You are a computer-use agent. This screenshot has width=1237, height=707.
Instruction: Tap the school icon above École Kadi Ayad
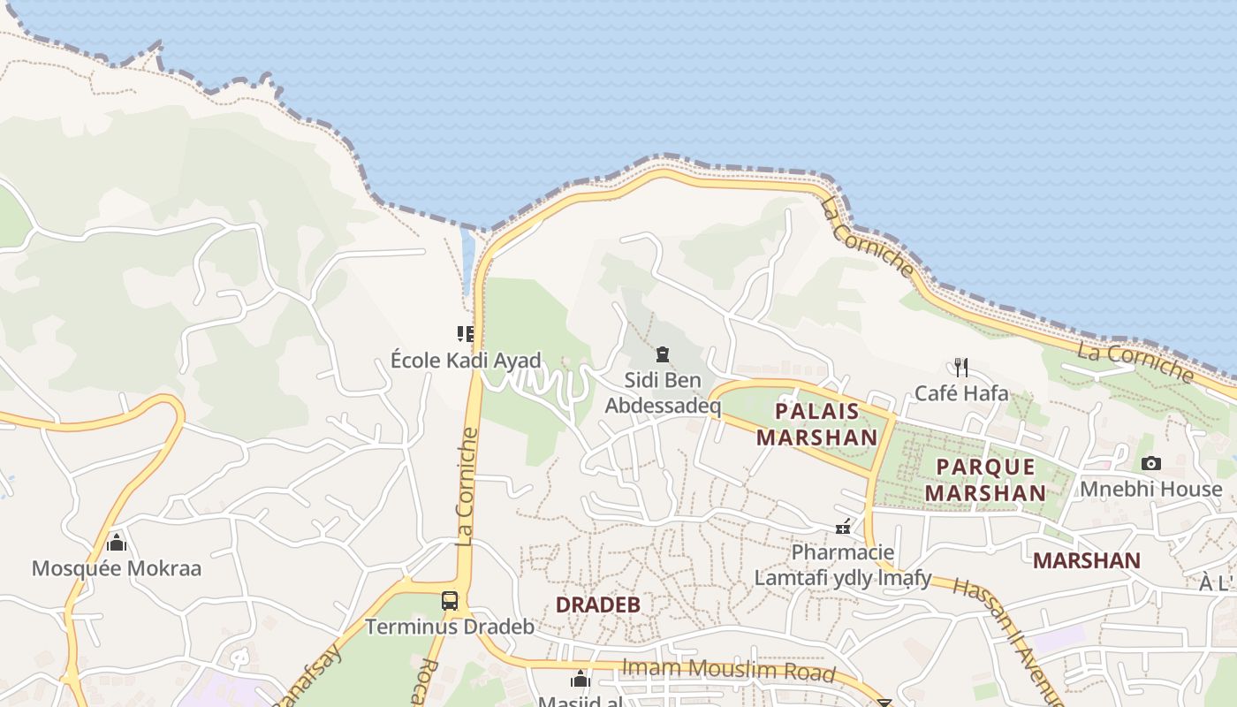pos(466,333)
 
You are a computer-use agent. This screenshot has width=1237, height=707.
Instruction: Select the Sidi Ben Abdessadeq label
pos(663,393)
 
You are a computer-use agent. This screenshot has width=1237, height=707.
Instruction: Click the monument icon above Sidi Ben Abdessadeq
pos(663,354)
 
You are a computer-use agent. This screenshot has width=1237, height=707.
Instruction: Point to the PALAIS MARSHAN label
pos(817,423)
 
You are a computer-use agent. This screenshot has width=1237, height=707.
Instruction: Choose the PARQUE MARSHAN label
pos(985,479)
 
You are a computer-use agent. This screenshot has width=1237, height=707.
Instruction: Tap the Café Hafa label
pos(961,392)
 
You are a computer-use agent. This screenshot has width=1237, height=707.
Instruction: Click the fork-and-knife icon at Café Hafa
pos(961,367)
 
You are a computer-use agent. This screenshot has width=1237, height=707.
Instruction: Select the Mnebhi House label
pos(1150,489)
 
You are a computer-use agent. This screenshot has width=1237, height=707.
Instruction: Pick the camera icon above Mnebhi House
pos(1150,463)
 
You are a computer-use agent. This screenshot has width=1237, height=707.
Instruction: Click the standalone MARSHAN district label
pos(1087,560)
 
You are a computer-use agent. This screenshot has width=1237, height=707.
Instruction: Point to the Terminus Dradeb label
pos(450,627)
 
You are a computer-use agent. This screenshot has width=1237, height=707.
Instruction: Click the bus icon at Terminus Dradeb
pos(450,601)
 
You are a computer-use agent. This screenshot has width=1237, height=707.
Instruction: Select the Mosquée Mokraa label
pos(117,568)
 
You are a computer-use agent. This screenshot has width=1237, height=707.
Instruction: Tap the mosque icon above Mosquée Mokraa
pos(117,542)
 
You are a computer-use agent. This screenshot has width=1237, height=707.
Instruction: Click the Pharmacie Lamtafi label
pos(843,565)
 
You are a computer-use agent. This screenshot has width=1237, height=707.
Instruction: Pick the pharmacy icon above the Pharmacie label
pos(844,528)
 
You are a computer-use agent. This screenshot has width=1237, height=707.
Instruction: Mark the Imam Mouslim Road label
pos(728,670)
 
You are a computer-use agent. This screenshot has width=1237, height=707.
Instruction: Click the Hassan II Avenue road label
pos(1007,636)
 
